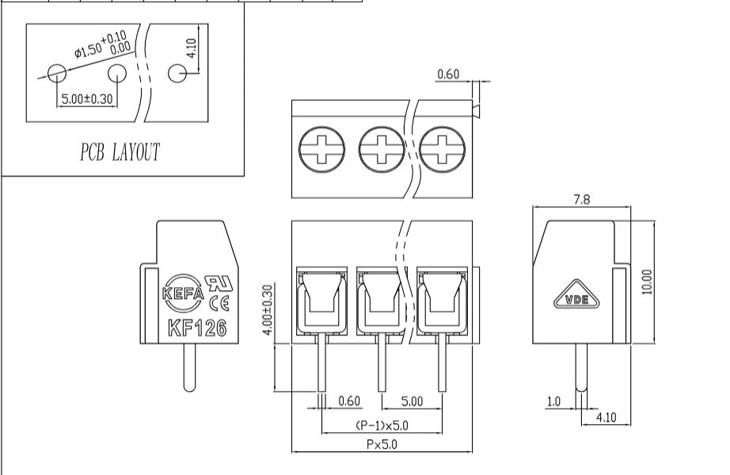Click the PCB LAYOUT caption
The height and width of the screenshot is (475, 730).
(120, 152)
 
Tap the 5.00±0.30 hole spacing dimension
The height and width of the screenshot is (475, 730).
(87, 99)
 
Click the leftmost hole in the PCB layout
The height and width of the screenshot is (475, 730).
(57, 73)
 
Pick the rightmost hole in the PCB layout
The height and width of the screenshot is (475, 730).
(177, 73)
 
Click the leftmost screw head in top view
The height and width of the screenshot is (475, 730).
(321, 149)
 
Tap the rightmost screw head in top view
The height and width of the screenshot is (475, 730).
(443, 149)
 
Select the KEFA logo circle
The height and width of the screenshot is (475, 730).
(183, 293)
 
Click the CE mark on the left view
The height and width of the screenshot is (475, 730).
(219, 304)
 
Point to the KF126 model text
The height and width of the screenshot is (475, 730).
(197, 328)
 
